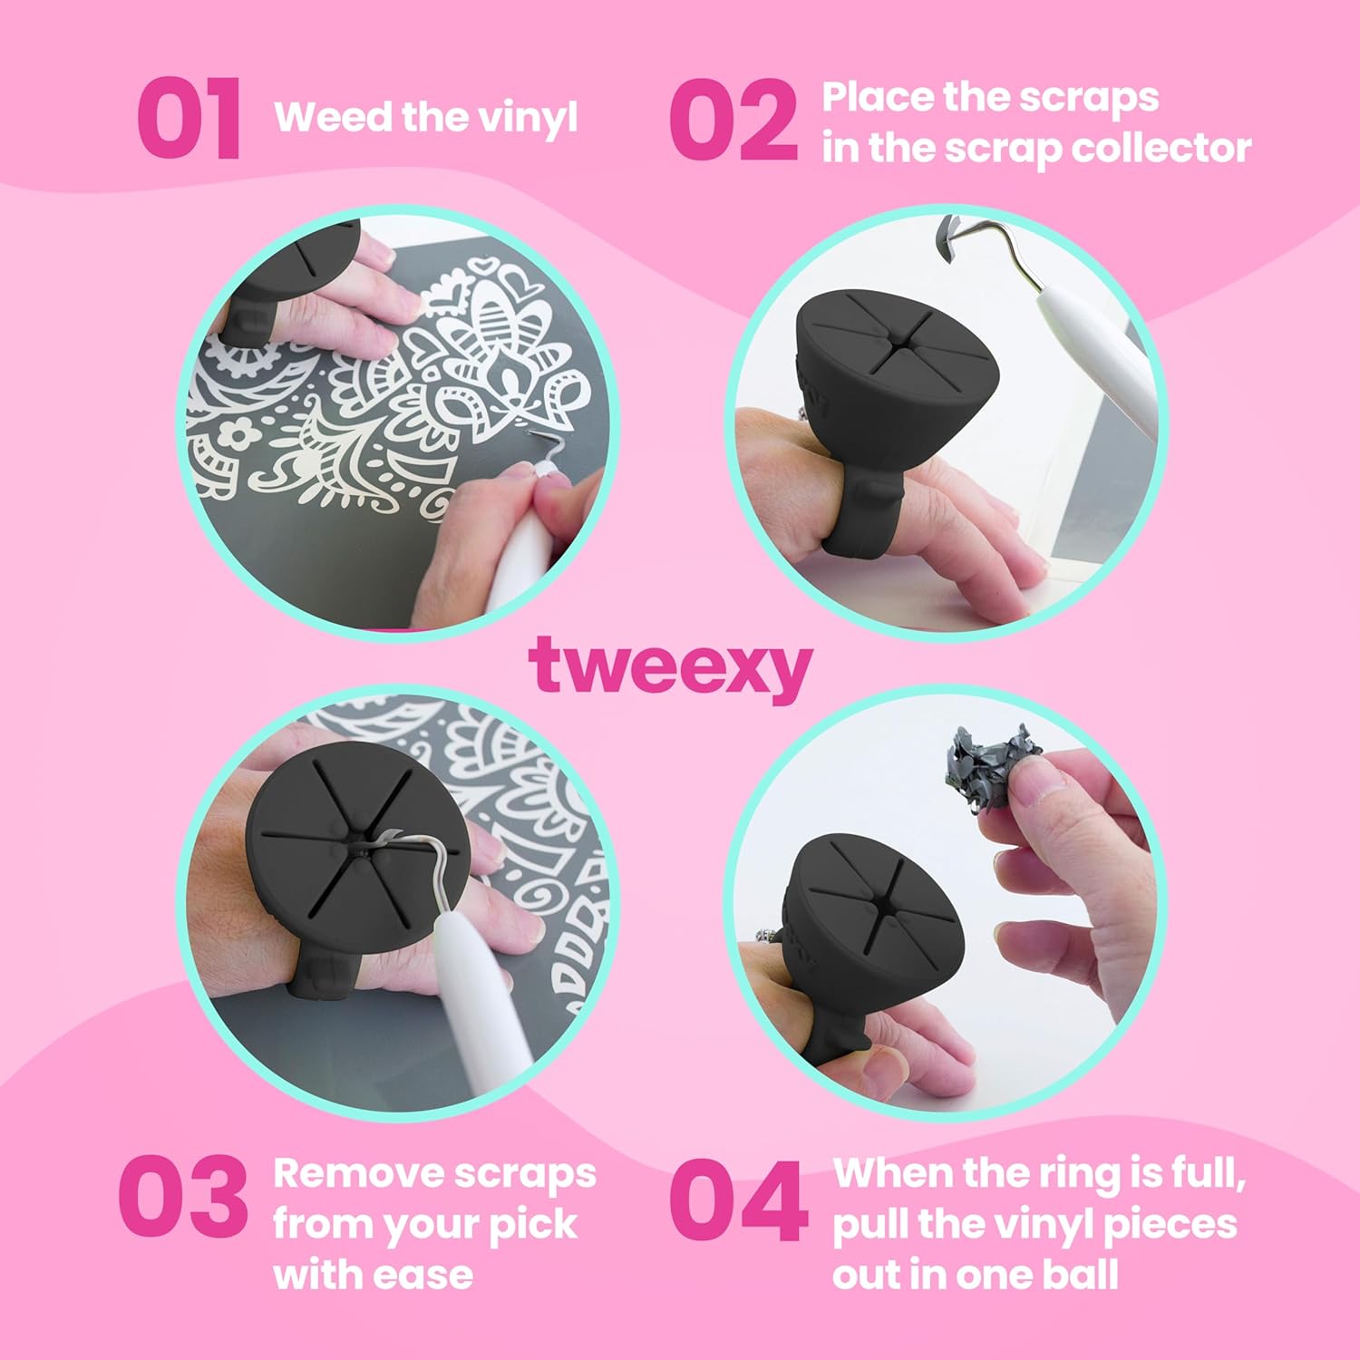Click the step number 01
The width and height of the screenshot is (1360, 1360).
pyautogui.click(x=190, y=119)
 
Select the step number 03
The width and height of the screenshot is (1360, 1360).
pyautogui.click(x=183, y=1196)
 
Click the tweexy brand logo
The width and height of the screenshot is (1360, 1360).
pyautogui.click(x=670, y=667)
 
